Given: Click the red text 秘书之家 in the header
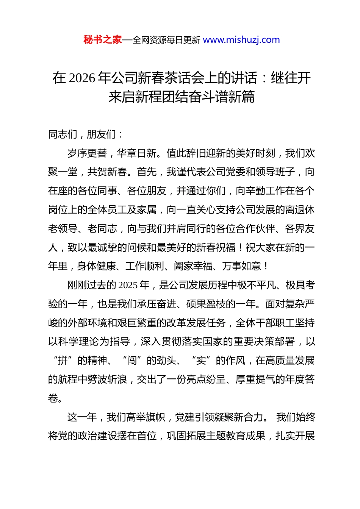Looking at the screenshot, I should pyautogui.click(x=103, y=40).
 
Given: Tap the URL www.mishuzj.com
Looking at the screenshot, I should pyautogui.click(x=241, y=40).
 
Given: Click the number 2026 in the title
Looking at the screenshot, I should pyautogui.click(x=82, y=78).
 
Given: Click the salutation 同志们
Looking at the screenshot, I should pyautogui.click(x=63, y=134).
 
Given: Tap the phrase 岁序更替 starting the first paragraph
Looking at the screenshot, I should pyautogui.click(x=87, y=153).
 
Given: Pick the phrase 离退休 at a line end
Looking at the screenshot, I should pyautogui.click(x=300, y=210).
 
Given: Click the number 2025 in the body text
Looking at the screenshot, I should pyautogui.click(x=128, y=285).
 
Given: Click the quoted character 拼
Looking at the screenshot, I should pyautogui.click(x=63, y=361).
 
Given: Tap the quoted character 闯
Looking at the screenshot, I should pyautogui.click(x=132, y=361).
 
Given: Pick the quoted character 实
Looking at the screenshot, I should pyautogui.click(x=201, y=361).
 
